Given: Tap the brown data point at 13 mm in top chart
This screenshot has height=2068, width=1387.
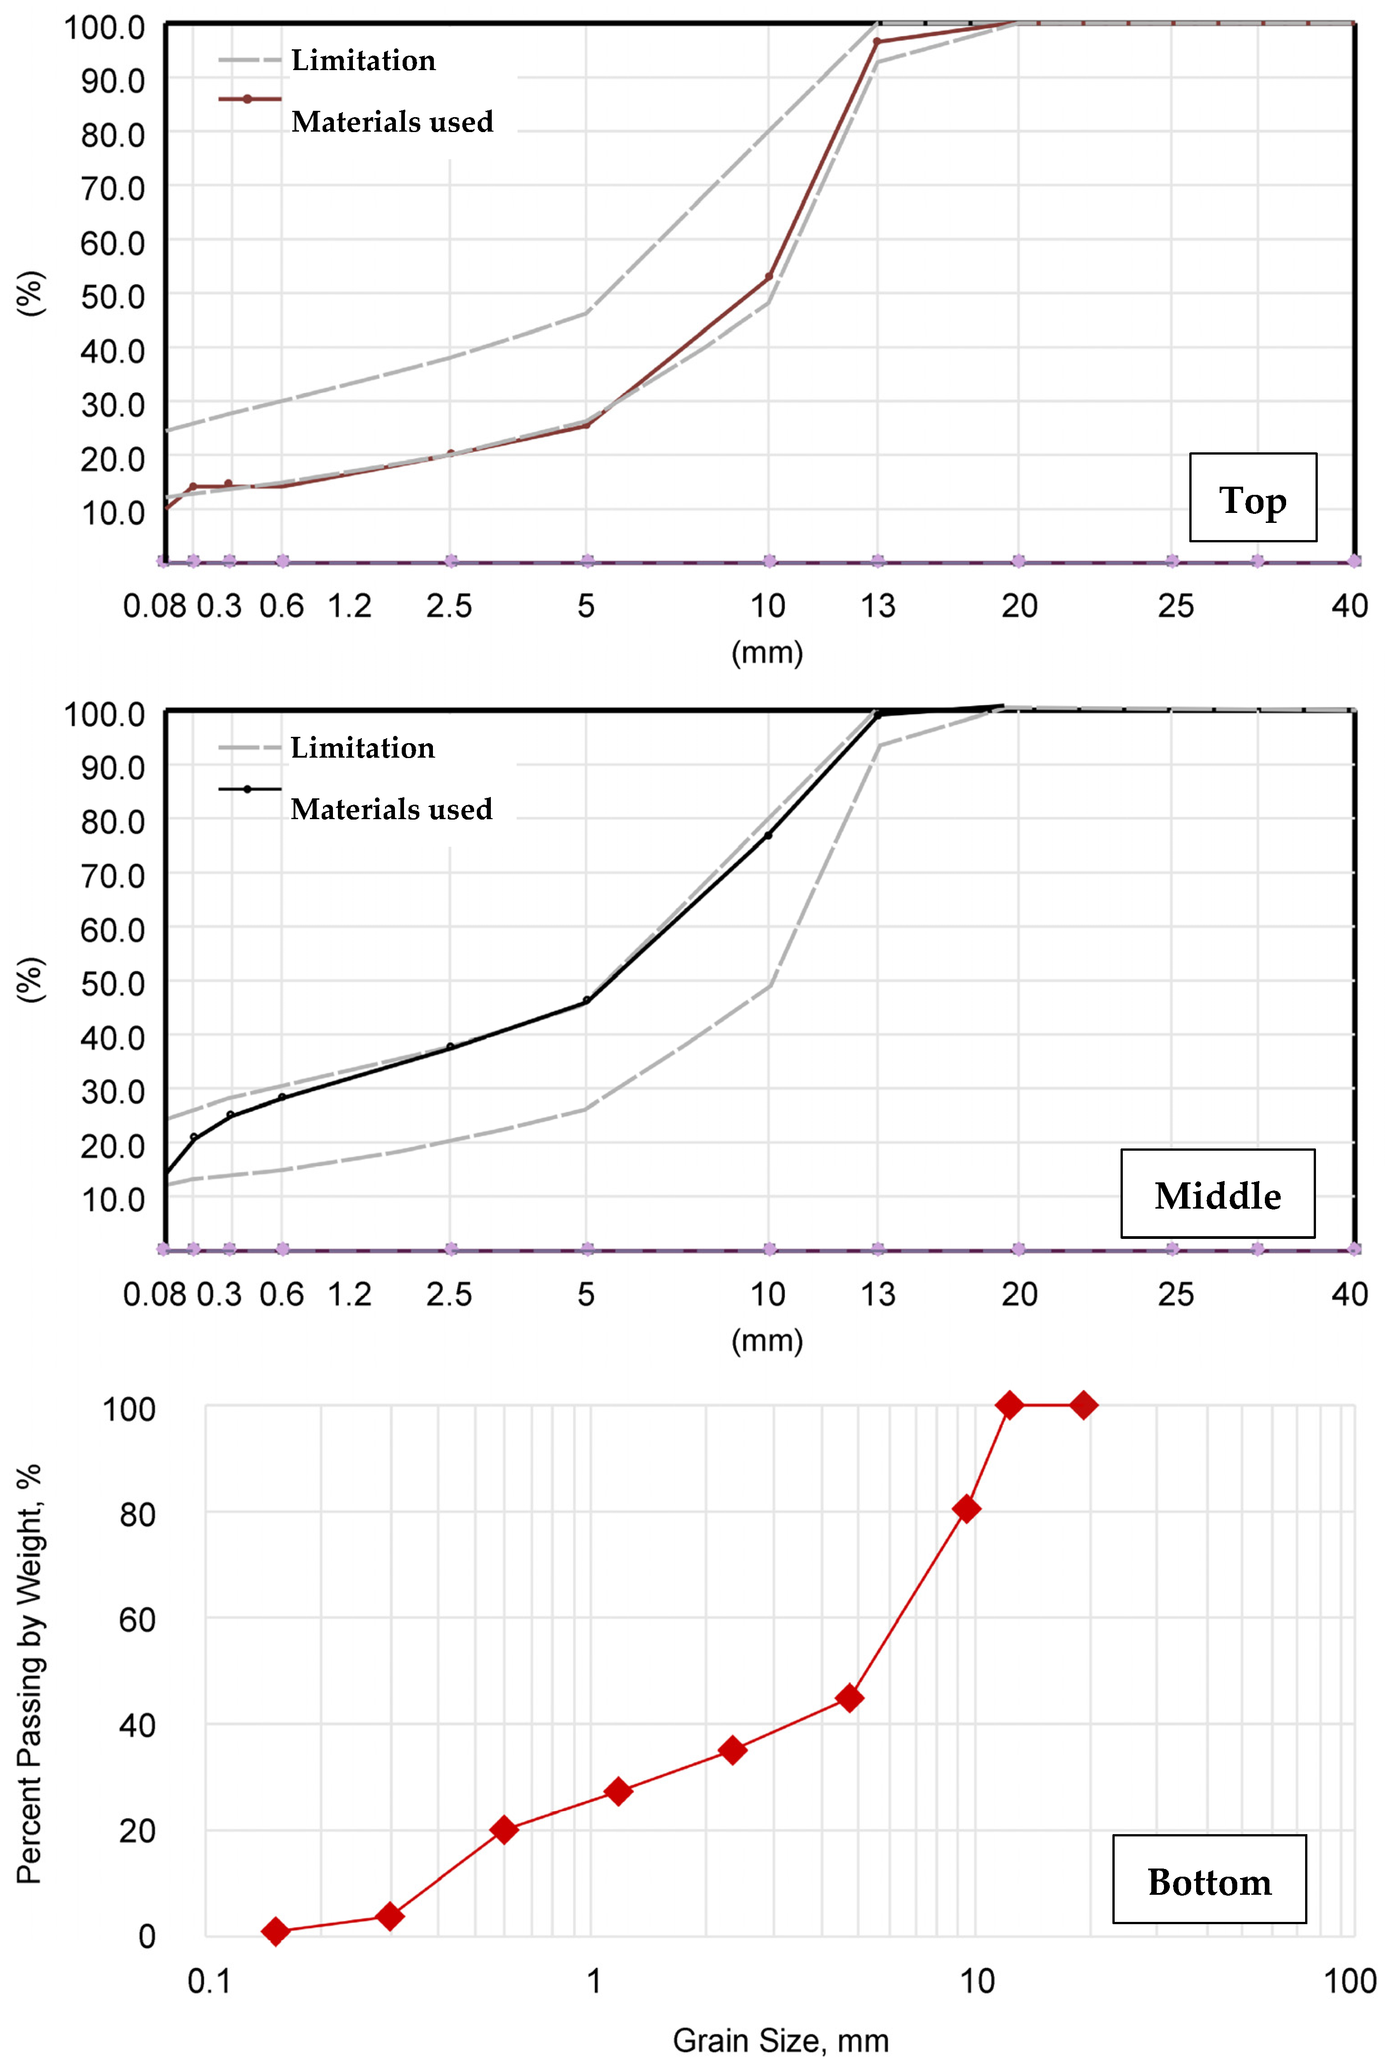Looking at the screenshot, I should [877, 42].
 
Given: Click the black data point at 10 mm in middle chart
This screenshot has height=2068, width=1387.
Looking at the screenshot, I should [768, 836].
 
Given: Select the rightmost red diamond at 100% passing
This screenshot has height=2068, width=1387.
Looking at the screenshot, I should [1083, 1404].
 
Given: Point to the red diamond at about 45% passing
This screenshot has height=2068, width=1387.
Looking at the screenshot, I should [849, 1698].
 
